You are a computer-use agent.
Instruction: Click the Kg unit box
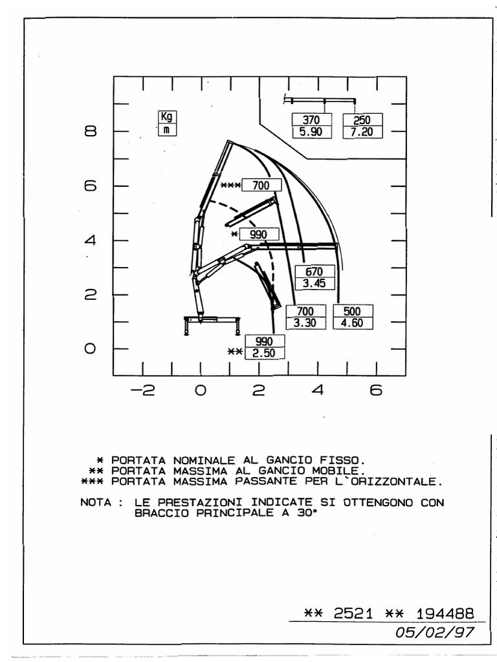tap(168, 117)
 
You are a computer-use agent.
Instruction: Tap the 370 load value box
tap(312, 120)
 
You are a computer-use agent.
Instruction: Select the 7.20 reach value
tap(362, 133)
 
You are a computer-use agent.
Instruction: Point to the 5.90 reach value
tap(312, 133)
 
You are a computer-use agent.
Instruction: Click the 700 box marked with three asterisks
tap(261, 186)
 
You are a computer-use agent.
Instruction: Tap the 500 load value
tap(353, 311)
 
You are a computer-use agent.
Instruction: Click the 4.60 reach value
tap(353, 323)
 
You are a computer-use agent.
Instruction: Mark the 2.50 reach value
tap(265, 354)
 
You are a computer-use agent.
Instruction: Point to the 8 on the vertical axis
tap(90, 132)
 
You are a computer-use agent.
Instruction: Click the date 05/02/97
tap(436, 633)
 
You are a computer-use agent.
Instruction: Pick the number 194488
tap(447, 613)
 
